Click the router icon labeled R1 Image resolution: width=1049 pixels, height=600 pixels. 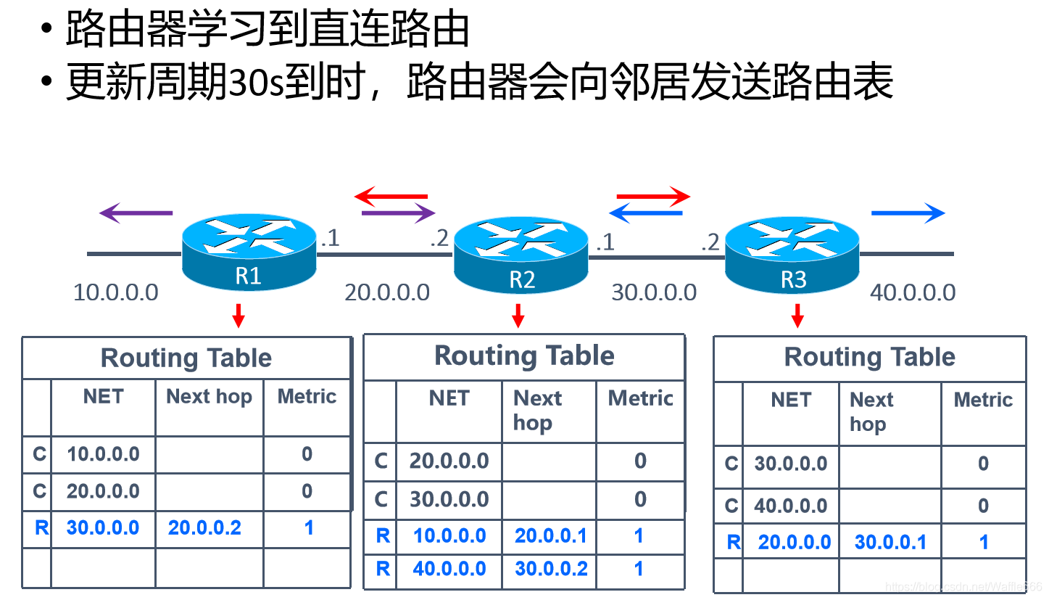(249, 252)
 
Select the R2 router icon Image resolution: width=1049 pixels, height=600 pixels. (521, 255)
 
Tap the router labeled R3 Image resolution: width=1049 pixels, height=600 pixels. (792, 255)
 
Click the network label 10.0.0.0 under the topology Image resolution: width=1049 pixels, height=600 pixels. (116, 292)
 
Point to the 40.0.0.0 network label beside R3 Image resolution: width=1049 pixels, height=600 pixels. (913, 292)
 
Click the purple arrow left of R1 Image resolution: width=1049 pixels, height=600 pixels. (136, 213)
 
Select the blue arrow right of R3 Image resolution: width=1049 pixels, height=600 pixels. (908, 213)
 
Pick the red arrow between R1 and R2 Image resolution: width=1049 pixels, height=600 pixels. (391, 196)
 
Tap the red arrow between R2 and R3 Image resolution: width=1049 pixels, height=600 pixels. (653, 196)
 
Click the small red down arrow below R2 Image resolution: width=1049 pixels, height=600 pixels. (518, 316)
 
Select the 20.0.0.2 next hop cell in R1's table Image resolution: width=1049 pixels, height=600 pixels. (204, 528)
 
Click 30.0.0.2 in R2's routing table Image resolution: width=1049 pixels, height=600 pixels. (551, 569)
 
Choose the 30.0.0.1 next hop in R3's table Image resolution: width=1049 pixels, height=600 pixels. (891, 543)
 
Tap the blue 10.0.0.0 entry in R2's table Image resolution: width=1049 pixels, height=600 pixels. (449, 535)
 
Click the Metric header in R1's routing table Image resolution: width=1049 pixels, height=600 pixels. (307, 397)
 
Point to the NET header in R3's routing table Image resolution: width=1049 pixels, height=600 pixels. (791, 400)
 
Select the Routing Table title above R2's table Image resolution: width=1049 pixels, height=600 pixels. (525, 356)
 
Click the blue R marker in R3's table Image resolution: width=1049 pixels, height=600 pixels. (734, 543)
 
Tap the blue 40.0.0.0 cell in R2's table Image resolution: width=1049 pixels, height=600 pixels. (449, 569)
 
